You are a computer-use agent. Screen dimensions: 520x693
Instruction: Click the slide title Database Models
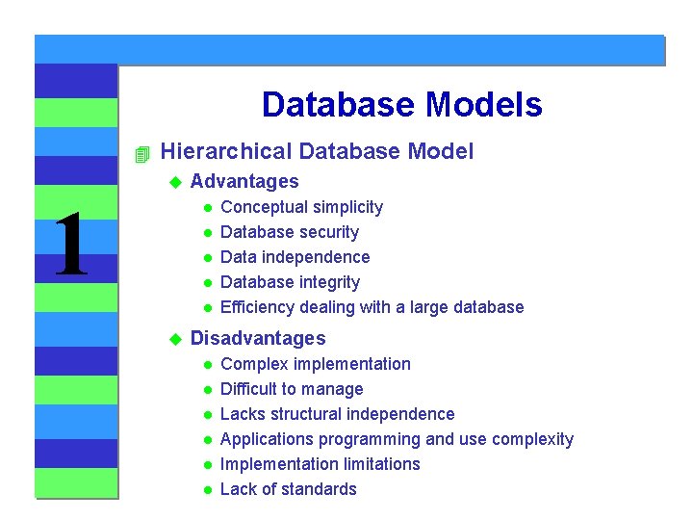(401, 105)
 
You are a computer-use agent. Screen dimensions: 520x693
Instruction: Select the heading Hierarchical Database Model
(317, 151)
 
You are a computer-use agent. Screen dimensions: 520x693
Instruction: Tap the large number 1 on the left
(71, 247)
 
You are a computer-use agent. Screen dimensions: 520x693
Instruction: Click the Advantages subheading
(244, 181)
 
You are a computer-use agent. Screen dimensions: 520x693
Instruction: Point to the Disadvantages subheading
(258, 338)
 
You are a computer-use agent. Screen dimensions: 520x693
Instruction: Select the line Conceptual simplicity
(301, 207)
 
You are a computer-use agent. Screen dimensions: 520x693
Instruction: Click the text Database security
(289, 232)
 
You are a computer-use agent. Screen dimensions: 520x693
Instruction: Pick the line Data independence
(295, 257)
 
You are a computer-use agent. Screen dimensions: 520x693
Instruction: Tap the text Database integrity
(290, 282)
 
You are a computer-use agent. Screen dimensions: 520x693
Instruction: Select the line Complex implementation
(315, 364)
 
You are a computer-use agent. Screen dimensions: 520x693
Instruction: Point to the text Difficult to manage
(292, 389)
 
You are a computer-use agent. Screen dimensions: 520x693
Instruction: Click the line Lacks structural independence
(337, 414)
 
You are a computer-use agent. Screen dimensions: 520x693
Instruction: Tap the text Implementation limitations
(320, 464)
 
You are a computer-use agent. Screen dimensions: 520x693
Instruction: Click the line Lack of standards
(288, 489)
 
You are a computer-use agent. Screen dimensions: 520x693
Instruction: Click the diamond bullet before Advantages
(175, 182)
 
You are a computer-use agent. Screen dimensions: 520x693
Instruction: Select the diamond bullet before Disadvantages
(175, 339)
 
